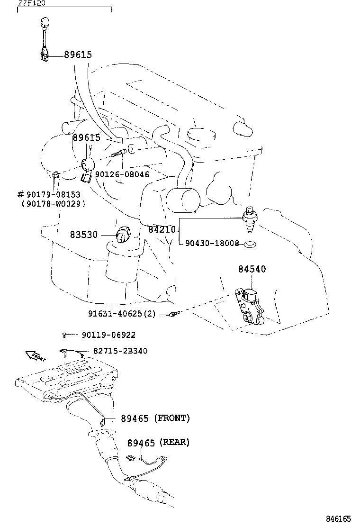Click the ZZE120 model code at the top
point(32,3)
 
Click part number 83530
point(83,235)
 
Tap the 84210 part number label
point(162,230)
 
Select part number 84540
point(252,269)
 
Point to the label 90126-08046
point(122,174)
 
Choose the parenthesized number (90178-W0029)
point(53,204)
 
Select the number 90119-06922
point(108,335)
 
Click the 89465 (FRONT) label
point(155,418)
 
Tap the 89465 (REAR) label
point(158,443)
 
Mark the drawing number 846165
point(338,519)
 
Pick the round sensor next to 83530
point(123,234)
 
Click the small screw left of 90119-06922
point(64,335)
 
